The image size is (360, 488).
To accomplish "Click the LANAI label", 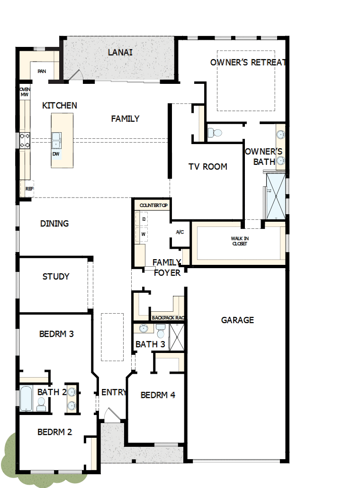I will [120, 52].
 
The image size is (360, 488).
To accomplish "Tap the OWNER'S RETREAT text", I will [248, 63].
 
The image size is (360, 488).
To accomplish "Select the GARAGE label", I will [237, 320].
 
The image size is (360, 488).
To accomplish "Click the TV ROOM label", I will [207, 167].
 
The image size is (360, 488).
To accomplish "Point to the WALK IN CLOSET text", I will [239, 241].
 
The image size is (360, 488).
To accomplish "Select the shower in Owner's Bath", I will [276, 197].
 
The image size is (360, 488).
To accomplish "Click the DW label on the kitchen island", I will [56, 154].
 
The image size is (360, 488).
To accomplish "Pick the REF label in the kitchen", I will [29, 189].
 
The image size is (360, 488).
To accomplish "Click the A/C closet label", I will [180, 232].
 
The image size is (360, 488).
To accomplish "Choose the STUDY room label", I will [56, 277].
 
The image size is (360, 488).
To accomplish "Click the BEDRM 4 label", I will [158, 395].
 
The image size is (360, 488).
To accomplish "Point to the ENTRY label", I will [114, 392].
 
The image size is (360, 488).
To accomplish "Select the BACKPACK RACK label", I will [167, 318].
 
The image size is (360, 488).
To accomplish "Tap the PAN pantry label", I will [42, 72].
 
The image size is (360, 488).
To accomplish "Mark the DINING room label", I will [54, 224].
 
